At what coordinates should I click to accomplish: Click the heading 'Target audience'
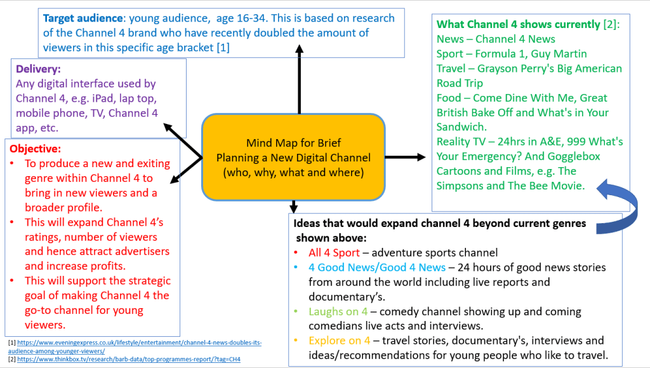pos(81,18)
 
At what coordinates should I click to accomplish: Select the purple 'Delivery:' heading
pos(38,69)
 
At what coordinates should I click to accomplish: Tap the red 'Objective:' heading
pos(35,149)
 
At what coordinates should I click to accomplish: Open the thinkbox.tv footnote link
pos(127,359)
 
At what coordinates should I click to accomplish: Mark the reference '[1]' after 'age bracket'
pos(222,47)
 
